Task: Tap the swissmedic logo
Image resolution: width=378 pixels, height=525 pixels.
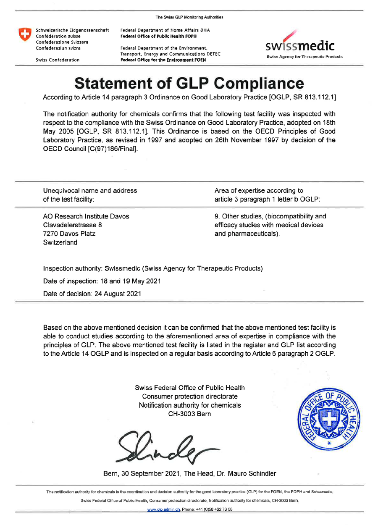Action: pyautogui.click(x=304, y=44)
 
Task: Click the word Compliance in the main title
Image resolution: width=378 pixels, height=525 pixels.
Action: pyautogui.click(x=259, y=84)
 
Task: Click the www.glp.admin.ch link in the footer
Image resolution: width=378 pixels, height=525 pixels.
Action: pyautogui.click(x=163, y=509)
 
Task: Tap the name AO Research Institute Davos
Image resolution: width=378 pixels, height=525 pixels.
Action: pyautogui.click(x=86, y=216)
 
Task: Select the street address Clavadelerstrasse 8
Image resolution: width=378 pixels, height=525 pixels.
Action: pyautogui.click(x=72, y=225)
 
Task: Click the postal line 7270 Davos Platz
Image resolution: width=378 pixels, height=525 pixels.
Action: pyautogui.click(x=69, y=234)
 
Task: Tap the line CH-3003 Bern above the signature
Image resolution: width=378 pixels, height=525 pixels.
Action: pyautogui.click(x=189, y=414)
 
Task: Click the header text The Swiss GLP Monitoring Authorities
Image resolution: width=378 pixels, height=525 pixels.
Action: pyautogui.click(x=189, y=17)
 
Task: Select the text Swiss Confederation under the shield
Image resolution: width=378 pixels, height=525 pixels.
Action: pyautogui.click(x=58, y=60)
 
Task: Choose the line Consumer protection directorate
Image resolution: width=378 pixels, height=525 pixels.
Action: pyautogui.click(x=190, y=396)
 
